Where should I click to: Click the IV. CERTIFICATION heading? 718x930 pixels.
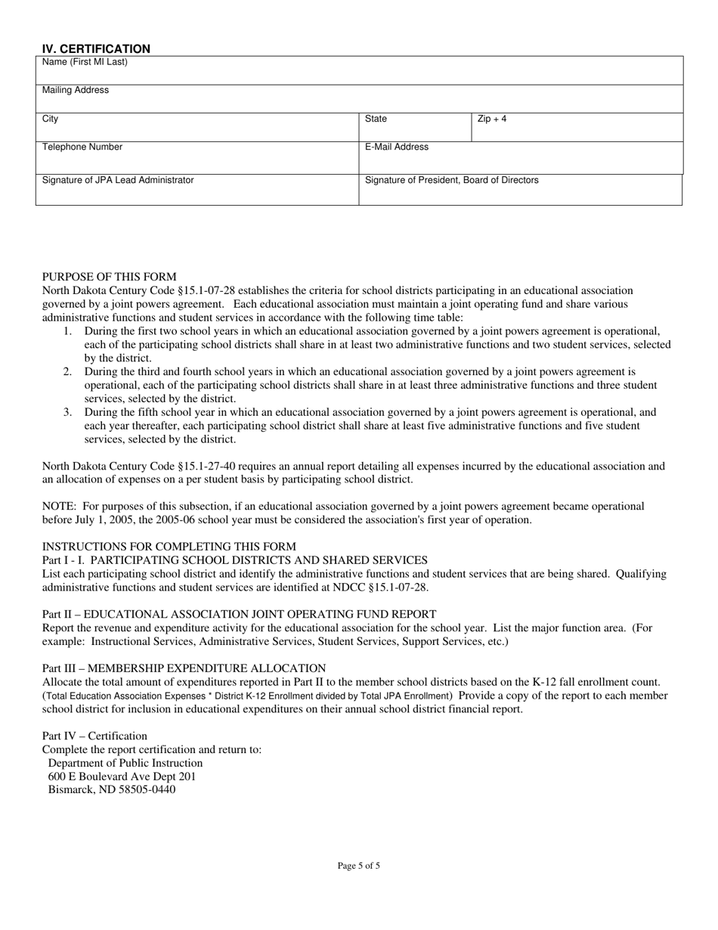pyautogui.click(x=96, y=49)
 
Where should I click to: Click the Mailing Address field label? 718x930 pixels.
pyautogui.click(x=76, y=90)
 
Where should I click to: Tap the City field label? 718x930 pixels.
pyautogui.click(x=50, y=119)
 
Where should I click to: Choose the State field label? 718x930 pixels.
pyautogui.click(x=376, y=119)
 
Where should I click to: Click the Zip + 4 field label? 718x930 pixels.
pyautogui.click(x=492, y=119)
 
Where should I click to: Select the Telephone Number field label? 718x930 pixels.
pyautogui.click(x=82, y=147)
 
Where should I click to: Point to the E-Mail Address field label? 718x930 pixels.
pyautogui.click(x=397, y=147)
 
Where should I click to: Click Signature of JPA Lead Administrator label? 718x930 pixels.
pyautogui.click(x=118, y=180)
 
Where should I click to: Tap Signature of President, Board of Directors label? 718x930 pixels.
pyautogui.click(x=452, y=180)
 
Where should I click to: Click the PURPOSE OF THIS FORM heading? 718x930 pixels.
pyautogui.click(x=110, y=277)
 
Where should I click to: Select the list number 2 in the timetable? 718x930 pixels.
pyautogui.click(x=67, y=372)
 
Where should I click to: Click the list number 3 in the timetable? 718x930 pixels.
pyautogui.click(x=67, y=412)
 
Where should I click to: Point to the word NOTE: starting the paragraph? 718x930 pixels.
pyautogui.click(x=59, y=506)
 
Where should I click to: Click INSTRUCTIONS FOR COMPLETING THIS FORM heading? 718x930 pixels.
pyautogui.click(x=169, y=547)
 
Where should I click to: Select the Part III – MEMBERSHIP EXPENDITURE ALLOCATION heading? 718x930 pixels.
pyautogui.click(x=184, y=668)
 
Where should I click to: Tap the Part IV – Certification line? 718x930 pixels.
pyautogui.click(x=95, y=736)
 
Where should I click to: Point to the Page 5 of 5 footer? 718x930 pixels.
pyautogui.click(x=359, y=866)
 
